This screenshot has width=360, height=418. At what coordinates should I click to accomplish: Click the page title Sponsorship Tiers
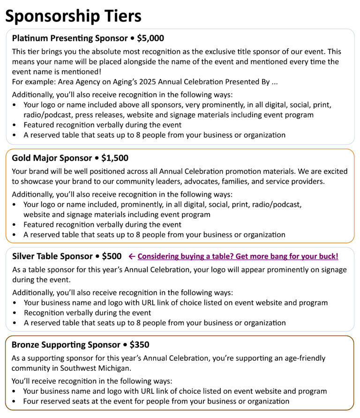click(x=73, y=16)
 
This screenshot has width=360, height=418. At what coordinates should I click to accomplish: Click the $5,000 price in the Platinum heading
click(x=150, y=38)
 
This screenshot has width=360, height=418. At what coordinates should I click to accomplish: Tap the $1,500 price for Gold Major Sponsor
click(x=114, y=158)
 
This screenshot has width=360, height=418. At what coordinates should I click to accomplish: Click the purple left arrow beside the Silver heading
click(x=132, y=256)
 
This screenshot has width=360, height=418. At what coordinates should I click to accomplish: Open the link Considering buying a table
click(x=238, y=256)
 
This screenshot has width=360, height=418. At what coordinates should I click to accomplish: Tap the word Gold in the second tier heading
click(x=21, y=158)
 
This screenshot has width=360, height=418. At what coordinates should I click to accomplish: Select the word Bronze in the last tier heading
click(x=25, y=345)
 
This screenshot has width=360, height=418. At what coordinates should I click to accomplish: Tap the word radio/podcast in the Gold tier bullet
click(x=277, y=204)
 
